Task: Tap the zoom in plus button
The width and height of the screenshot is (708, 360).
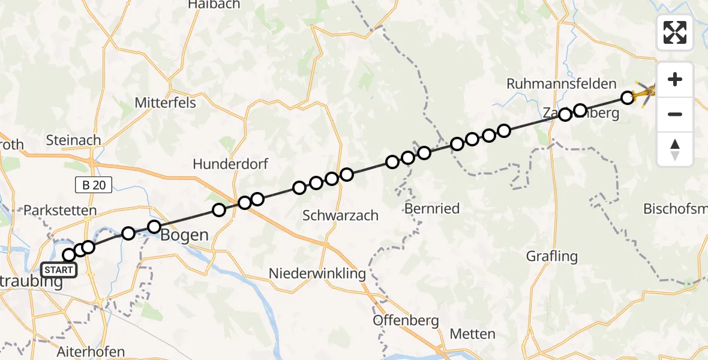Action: click(675, 79)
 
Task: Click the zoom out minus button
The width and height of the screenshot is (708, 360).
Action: click(675, 114)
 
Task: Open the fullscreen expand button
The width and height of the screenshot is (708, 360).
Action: click(675, 32)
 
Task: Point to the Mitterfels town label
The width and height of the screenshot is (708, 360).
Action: click(166, 103)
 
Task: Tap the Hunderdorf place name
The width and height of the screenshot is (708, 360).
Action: click(230, 164)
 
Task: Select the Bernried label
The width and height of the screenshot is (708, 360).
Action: click(432, 209)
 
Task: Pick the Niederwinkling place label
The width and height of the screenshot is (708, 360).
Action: click(317, 274)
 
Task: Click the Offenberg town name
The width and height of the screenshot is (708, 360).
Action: click(406, 320)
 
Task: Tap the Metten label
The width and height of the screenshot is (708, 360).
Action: click(473, 334)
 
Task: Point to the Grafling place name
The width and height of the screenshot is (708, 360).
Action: click(551, 256)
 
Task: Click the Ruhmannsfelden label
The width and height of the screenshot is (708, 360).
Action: click(562, 84)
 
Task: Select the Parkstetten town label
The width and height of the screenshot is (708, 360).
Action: click(60, 211)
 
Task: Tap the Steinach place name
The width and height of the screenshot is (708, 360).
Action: click(74, 140)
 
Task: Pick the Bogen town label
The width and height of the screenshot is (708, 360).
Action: click(184, 235)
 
